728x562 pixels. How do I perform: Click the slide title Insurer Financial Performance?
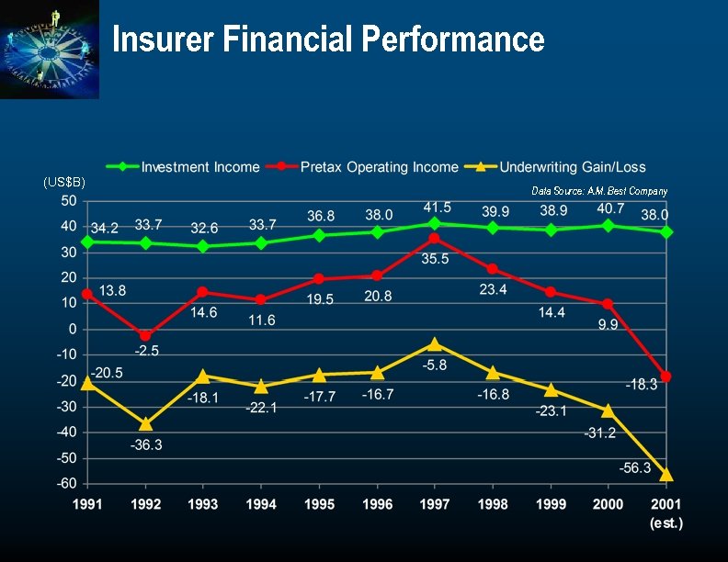click(x=328, y=39)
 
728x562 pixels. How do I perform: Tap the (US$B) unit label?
click(x=64, y=183)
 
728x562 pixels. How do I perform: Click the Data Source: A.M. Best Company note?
click(x=599, y=191)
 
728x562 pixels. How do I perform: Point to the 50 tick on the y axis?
click(x=68, y=200)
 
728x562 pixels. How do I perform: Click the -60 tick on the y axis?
click(x=65, y=483)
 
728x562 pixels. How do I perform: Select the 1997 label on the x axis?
click(x=434, y=504)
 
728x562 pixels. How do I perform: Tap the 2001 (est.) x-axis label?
click(x=665, y=512)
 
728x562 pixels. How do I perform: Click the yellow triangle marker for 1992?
click(x=145, y=423)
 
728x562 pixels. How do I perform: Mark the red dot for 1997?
click(x=435, y=238)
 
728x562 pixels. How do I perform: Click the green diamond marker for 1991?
click(x=88, y=242)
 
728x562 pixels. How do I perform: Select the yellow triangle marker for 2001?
click(x=666, y=475)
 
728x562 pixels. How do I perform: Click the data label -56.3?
click(x=634, y=467)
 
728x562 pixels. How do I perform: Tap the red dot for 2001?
click(x=666, y=377)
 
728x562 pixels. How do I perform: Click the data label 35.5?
click(x=436, y=260)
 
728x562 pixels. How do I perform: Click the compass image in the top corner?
click(x=50, y=49)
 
